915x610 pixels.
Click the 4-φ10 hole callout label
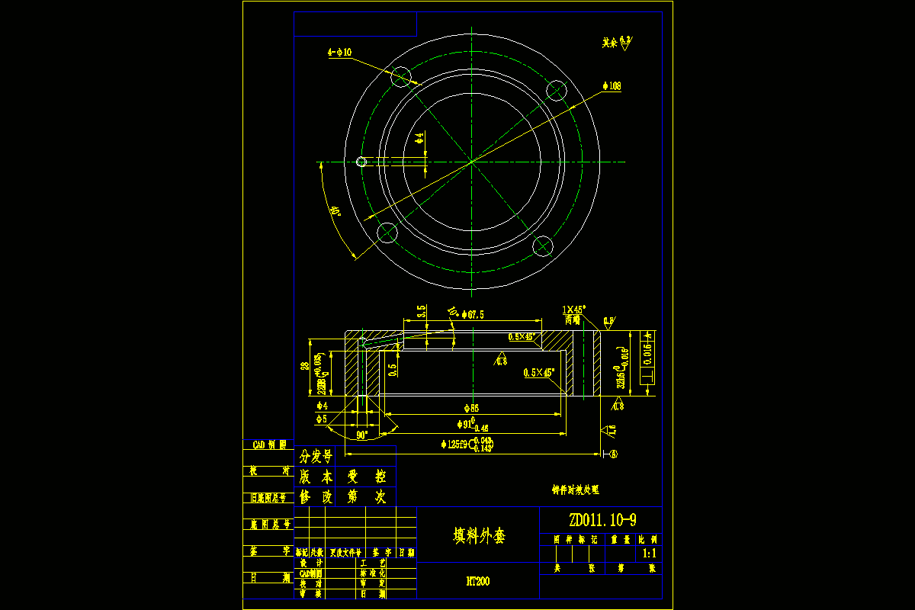click(x=339, y=53)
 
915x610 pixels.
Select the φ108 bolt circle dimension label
click(x=613, y=86)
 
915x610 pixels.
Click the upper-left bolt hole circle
click(x=401, y=77)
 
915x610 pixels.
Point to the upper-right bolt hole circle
click(x=558, y=91)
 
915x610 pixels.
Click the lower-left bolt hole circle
click(x=388, y=233)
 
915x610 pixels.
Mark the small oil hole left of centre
click(x=362, y=162)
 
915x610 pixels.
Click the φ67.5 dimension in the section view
click(x=474, y=314)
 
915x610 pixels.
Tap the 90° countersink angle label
click(x=361, y=435)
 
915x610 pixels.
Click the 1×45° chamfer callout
click(x=573, y=310)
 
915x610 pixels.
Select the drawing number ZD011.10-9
click(x=602, y=520)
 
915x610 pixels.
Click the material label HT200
click(x=478, y=581)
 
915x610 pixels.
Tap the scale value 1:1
click(x=650, y=554)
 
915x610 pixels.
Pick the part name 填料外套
click(x=479, y=536)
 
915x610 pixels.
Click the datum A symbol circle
click(x=614, y=454)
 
